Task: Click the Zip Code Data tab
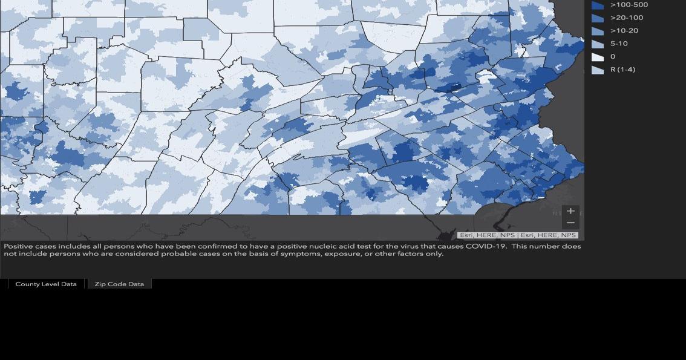[x=119, y=284]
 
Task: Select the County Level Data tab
[x=46, y=284]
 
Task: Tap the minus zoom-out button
[x=570, y=223]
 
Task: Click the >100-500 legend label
[x=629, y=5]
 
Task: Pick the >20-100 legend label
[x=627, y=18]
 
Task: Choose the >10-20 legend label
[x=624, y=31]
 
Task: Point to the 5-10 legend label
[x=619, y=44]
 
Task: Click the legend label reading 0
[x=613, y=57]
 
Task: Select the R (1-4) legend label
[x=622, y=70]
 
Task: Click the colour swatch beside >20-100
[x=598, y=18]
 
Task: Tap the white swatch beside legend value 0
[x=598, y=57]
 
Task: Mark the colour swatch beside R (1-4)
[x=598, y=70]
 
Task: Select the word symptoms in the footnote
[x=299, y=254]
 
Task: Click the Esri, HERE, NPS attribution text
[x=518, y=235]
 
